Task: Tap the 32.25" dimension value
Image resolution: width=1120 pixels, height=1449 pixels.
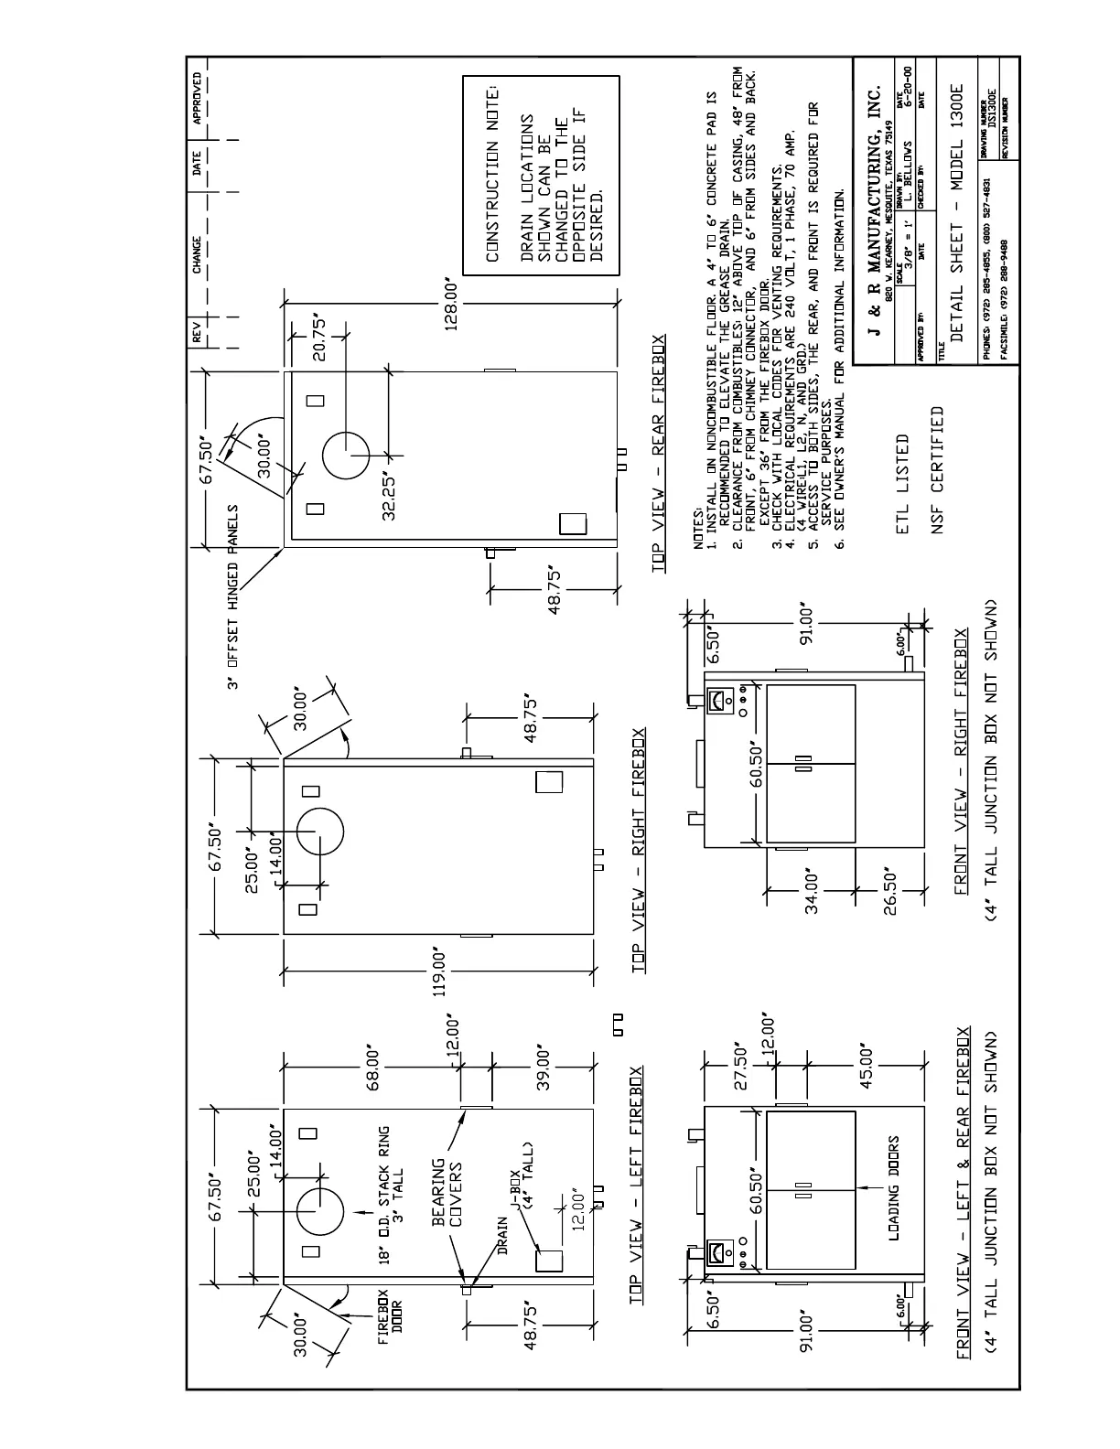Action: (390, 497)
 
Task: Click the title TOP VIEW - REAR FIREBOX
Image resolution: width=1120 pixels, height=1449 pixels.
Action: (659, 455)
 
